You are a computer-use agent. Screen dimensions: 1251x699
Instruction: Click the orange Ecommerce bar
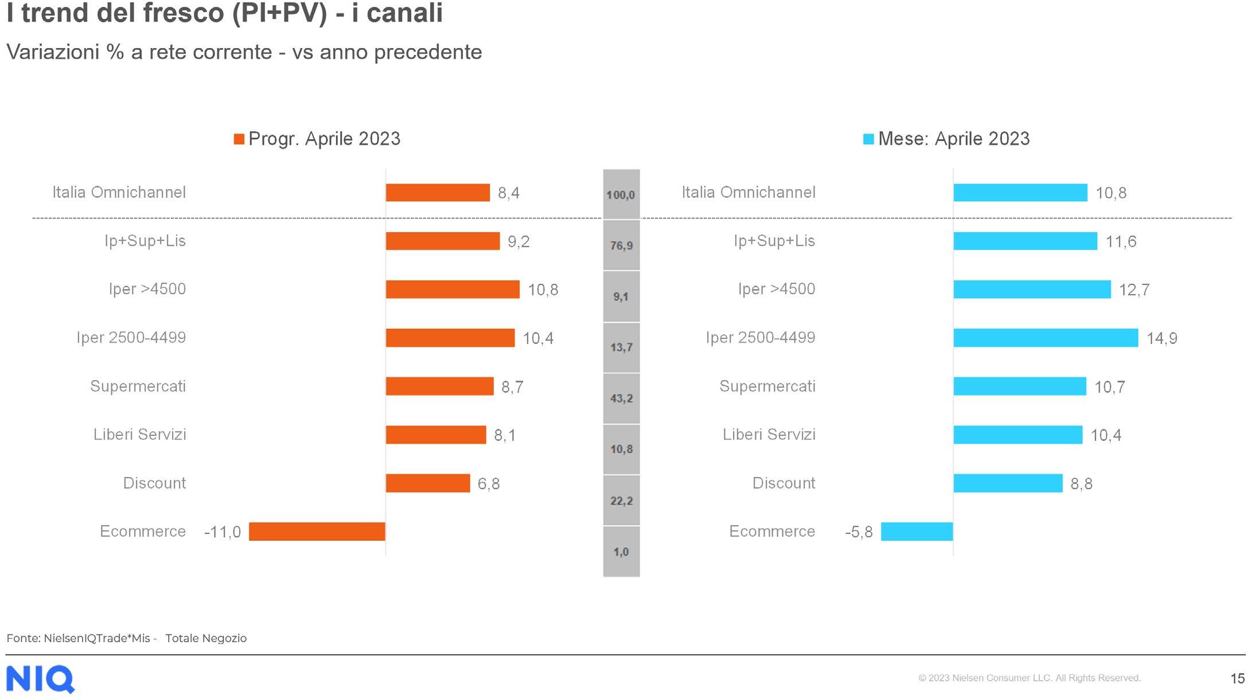coord(317,532)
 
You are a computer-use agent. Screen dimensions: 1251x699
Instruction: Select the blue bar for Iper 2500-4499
coord(1046,338)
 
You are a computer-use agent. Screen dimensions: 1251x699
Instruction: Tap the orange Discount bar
coord(428,483)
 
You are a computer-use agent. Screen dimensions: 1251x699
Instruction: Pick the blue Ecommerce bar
coord(917,532)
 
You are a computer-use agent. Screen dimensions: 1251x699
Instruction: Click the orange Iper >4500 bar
coord(453,290)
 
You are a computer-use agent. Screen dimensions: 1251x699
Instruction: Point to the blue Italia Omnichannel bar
coord(1020,193)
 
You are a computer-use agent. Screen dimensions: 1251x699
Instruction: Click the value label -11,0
coord(223,532)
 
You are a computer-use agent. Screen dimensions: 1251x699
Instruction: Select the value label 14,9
coord(1162,338)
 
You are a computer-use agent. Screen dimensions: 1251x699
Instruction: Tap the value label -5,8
coord(859,532)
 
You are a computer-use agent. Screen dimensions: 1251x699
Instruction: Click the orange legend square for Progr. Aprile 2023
coord(239,139)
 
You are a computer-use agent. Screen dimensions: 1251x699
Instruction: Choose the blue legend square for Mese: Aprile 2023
coord(868,139)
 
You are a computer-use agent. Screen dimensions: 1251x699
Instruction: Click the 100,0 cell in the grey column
coord(621,194)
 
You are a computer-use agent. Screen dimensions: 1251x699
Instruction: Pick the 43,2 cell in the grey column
coord(621,399)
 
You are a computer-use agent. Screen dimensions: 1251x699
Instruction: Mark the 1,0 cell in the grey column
coord(621,552)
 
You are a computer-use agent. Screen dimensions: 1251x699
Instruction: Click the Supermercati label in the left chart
coord(138,386)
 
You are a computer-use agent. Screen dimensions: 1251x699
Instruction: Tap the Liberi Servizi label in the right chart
coord(769,435)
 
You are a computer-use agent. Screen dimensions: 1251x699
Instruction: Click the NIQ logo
coord(40,680)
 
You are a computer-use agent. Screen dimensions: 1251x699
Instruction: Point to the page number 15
coord(1237,679)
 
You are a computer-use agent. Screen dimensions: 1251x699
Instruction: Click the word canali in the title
coord(405,13)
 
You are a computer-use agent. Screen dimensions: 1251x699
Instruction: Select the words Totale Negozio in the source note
coord(206,638)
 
